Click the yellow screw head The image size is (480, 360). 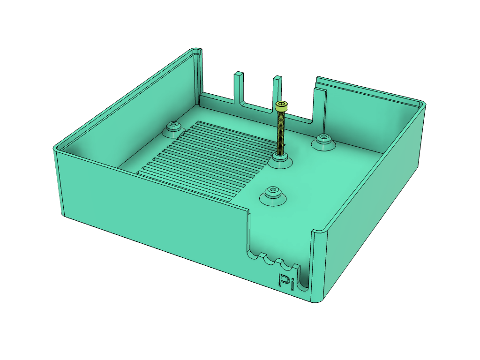[x=281, y=105]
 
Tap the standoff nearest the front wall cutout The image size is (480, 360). [x=272, y=195]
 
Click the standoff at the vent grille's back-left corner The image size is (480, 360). [x=173, y=127]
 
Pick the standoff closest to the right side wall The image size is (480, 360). [x=323, y=141]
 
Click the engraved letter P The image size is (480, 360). [x=283, y=281]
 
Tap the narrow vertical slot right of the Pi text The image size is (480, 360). [x=303, y=277]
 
